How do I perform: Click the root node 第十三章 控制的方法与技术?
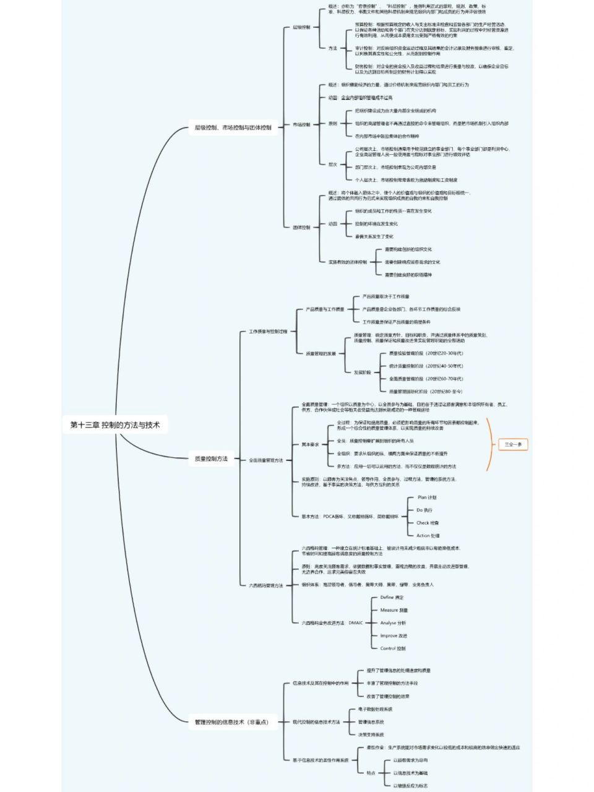[x=115, y=425]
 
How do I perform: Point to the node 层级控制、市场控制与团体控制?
[x=229, y=128]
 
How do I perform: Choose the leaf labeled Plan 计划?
[x=426, y=497]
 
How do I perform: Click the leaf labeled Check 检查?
[x=427, y=523]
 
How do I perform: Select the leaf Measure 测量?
[x=394, y=610]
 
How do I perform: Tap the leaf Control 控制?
[x=392, y=648]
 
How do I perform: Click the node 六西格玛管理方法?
[x=265, y=585]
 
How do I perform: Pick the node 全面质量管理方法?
[x=265, y=460]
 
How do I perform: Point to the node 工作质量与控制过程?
[x=268, y=332]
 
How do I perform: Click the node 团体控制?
[x=301, y=227]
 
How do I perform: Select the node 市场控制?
[x=301, y=124]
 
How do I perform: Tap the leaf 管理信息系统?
[x=371, y=722]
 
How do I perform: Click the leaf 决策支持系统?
[x=371, y=734]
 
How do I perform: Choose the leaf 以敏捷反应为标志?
[x=410, y=785]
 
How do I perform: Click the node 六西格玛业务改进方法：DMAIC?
[x=332, y=623]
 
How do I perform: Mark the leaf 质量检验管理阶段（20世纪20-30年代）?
[x=426, y=353]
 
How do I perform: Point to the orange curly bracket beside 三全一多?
[x=489, y=444]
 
